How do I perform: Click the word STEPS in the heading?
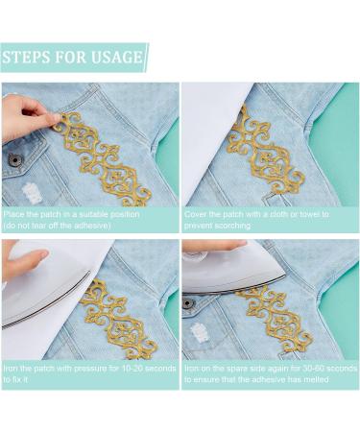[26, 58]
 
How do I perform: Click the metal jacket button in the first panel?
[15, 159]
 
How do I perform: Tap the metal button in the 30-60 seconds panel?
[188, 302]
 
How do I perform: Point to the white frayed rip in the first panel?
[31, 193]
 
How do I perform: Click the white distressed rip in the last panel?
[200, 336]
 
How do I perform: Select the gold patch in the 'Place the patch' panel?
[103, 159]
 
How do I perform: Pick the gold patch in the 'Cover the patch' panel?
[265, 152]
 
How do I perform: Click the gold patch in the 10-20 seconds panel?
[119, 319]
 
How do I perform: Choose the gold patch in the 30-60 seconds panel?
[275, 320]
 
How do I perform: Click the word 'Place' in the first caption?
[13, 214]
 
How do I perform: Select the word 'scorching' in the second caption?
[233, 226]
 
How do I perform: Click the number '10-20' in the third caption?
[132, 369]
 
